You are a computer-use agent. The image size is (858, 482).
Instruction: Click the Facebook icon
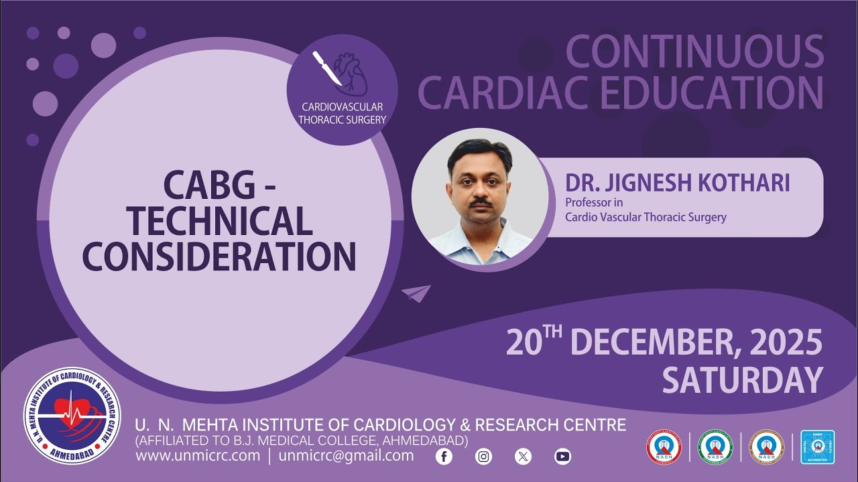point(444,457)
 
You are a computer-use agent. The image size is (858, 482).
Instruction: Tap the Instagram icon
point(483,457)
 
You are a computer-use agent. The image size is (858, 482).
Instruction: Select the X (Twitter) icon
point(523,457)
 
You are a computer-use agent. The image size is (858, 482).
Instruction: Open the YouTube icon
point(562,457)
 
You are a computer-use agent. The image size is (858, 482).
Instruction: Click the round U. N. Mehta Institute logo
point(72,416)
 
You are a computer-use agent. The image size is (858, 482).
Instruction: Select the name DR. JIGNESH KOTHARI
point(677,183)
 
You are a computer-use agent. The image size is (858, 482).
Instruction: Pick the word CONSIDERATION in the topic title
point(219,256)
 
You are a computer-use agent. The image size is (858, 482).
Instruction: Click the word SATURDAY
point(742,381)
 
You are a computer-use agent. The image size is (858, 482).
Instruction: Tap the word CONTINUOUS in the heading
point(694,52)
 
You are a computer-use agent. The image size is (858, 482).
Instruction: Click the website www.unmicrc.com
point(198,456)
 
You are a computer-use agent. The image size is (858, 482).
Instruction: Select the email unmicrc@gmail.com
point(346,456)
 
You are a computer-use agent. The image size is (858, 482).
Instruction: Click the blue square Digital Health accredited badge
point(817,447)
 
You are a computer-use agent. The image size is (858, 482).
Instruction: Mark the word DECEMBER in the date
point(648,343)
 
